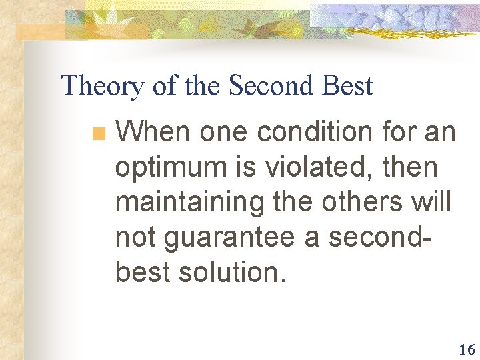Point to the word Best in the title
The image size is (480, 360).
pos(347,86)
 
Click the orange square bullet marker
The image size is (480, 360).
pos(99,133)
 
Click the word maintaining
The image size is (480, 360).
pos(190,203)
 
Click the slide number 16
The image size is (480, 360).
pos(466,349)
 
